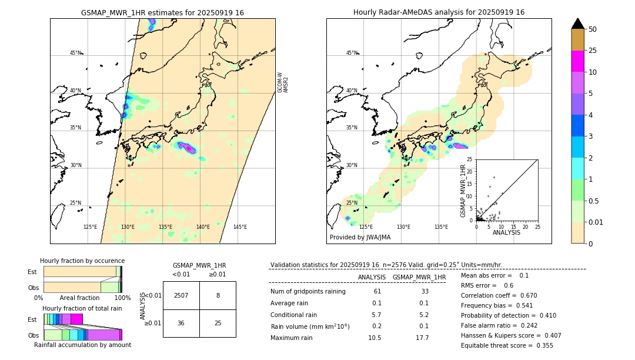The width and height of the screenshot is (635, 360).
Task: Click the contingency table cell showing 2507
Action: [x=181, y=296]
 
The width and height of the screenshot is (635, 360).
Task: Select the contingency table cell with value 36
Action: [x=181, y=324]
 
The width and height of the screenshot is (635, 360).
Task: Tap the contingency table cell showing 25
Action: [x=218, y=324]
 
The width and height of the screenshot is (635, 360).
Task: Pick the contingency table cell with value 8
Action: [x=218, y=296]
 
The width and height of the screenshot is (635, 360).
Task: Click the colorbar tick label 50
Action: [x=593, y=29]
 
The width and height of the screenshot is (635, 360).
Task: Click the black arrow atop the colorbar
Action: [x=578, y=24]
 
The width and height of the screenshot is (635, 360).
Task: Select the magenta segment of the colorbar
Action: [x=578, y=61]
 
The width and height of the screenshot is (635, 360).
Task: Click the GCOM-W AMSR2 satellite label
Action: [x=283, y=83]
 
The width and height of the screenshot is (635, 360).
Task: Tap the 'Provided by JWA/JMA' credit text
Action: [x=360, y=238]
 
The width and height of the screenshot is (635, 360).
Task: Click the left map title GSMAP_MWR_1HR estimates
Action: [x=162, y=12]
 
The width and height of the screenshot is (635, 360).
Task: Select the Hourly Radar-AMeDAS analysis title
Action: [x=439, y=12]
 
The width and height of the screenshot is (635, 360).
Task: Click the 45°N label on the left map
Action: [x=75, y=53]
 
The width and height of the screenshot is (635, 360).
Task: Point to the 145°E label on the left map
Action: [x=240, y=227]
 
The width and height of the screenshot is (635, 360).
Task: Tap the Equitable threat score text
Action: [x=507, y=345]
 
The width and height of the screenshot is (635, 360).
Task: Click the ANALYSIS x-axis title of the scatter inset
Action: [x=506, y=232]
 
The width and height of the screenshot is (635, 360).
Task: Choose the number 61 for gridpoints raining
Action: [x=377, y=292]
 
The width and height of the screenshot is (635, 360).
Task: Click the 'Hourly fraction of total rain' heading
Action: [x=82, y=308]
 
